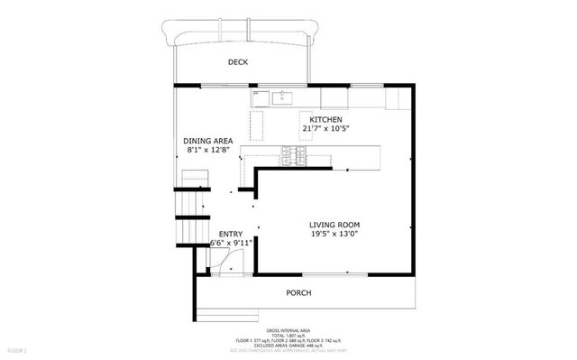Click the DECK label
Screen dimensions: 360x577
[x=238, y=61]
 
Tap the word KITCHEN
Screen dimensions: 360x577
[x=325, y=120]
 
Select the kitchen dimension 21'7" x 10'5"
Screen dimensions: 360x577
[x=325, y=129]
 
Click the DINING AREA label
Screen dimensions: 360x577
[x=208, y=142]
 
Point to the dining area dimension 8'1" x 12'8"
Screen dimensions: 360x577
[x=208, y=151]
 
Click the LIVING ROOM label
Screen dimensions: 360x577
[x=334, y=226]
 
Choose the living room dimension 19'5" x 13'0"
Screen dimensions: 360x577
[x=334, y=235]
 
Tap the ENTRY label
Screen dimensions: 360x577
[x=230, y=234]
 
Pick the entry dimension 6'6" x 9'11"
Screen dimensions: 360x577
[x=231, y=243]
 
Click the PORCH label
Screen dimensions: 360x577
[x=298, y=292]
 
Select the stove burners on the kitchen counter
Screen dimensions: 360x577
[x=293, y=155]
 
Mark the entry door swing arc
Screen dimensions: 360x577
[x=223, y=259]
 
